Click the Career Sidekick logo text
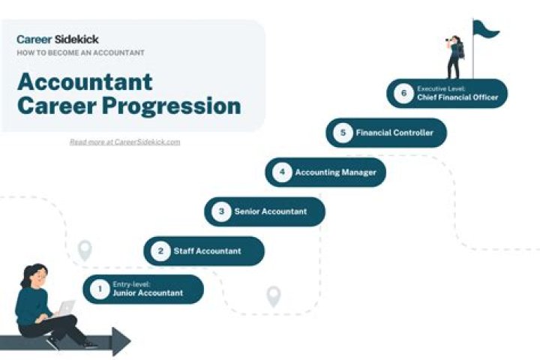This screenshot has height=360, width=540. (x=58, y=39)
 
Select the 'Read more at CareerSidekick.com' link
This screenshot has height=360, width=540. (x=124, y=142)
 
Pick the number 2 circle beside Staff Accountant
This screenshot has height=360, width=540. (x=160, y=251)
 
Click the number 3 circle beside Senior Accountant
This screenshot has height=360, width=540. (x=221, y=211)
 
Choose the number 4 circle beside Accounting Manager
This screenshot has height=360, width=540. (x=282, y=172)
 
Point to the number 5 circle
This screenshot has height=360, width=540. (x=343, y=133)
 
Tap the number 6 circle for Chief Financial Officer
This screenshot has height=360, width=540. (x=403, y=93)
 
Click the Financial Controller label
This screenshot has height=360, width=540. (x=394, y=133)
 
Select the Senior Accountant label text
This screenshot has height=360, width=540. (x=271, y=211)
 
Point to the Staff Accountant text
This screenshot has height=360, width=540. (x=208, y=251)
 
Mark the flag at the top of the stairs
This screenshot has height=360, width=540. (x=485, y=29)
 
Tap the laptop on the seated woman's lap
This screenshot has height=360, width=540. (x=65, y=309)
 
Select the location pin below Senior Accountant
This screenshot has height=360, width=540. (x=274, y=295)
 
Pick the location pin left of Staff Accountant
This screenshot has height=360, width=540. (x=85, y=250)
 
